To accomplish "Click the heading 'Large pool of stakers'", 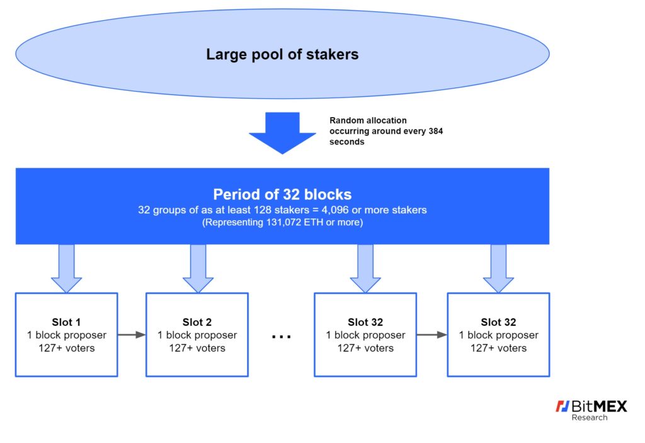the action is click(x=282, y=54).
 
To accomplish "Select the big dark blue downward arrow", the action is click(x=282, y=132).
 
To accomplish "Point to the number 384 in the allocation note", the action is click(x=436, y=131).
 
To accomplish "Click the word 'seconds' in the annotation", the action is click(x=347, y=142).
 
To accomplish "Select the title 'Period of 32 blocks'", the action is click(x=282, y=194).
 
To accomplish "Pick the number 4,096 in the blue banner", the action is click(x=335, y=210).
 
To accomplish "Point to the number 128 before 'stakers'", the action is click(x=263, y=210).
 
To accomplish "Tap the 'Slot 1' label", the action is click(x=66, y=322).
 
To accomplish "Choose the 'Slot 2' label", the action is click(x=197, y=322).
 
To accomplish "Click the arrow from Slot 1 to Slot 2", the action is click(x=132, y=335).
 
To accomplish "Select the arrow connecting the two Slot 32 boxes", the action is click(x=432, y=335).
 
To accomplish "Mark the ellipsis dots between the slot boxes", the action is click(x=282, y=337).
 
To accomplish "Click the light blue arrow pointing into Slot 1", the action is click(x=66, y=268).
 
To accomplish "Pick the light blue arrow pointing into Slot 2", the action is click(x=198, y=268).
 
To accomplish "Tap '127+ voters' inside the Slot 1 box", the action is click(x=67, y=348).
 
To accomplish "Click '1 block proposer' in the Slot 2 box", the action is click(x=197, y=335).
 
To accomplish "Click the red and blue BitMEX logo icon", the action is click(x=562, y=406).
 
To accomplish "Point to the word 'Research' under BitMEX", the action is click(x=590, y=418).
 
